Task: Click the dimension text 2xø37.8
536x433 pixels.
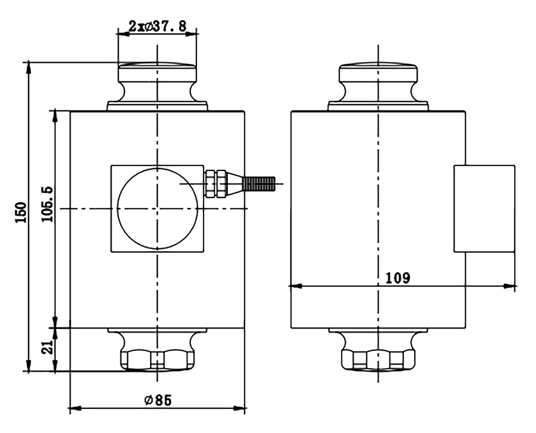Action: click(157, 26)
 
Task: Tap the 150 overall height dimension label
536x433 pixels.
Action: click(21, 213)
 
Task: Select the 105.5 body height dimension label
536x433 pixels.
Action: click(48, 204)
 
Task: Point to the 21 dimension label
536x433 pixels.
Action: click(48, 347)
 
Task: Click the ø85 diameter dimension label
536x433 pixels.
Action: click(158, 400)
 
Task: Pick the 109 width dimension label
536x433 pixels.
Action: click(398, 278)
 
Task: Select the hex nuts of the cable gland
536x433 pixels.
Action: click(215, 183)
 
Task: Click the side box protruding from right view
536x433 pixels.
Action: click(484, 209)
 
